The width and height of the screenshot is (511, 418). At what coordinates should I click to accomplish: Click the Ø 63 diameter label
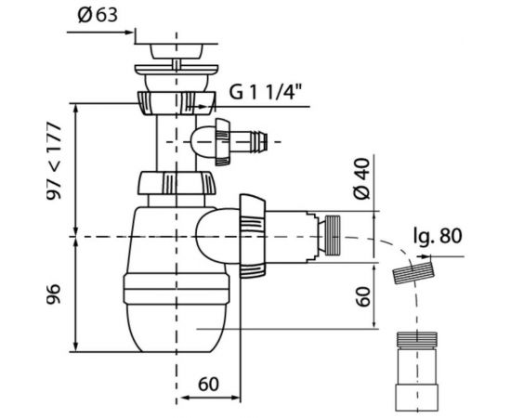[98, 15]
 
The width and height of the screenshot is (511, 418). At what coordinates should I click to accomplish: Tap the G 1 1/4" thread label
[264, 91]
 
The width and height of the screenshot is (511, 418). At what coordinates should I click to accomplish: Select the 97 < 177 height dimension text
[54, 162]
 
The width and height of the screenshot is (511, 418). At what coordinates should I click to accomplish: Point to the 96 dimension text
[54, 294]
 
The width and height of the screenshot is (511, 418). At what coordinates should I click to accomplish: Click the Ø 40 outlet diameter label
[362, 178]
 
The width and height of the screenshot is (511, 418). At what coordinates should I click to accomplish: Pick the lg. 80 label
[438, 236]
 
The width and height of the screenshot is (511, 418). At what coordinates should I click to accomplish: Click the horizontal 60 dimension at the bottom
[208, 385]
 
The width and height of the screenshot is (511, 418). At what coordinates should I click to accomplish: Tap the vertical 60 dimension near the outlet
[363, 296]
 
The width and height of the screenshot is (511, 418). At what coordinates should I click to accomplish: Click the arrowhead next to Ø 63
[129, 32]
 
